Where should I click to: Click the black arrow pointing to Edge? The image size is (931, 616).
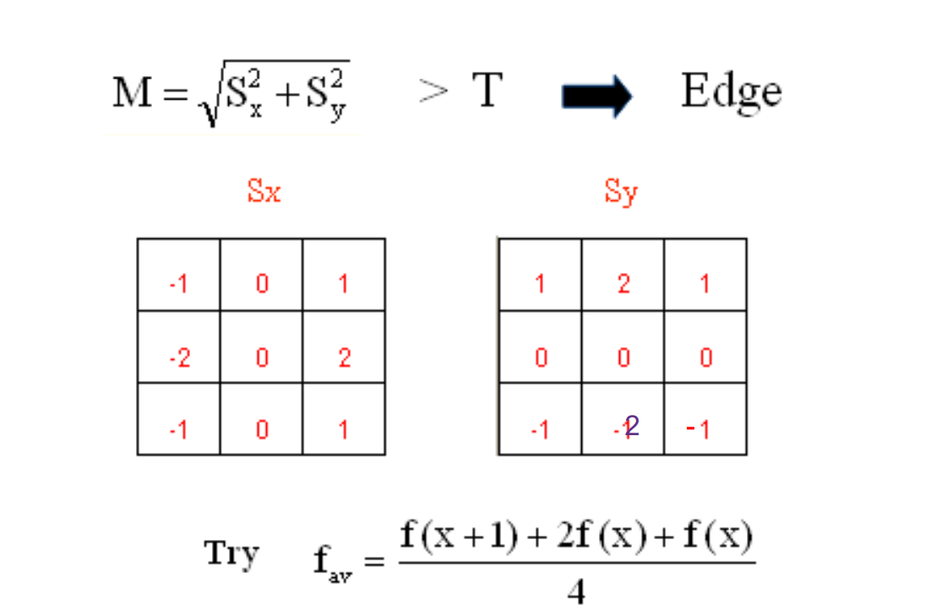coord(596,96)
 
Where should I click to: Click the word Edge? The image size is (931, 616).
coord(731,92)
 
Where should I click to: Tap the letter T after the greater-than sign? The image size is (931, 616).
coord(487,91)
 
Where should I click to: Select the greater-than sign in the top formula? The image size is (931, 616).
coord(433,91)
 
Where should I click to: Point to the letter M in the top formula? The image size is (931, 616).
coord(131,93)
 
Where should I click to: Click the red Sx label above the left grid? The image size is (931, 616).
coord(264,192)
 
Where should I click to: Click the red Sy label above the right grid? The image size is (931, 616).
coord(621,193)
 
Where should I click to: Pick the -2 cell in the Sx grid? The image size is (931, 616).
coord(178,358)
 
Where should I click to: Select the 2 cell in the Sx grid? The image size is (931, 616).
coord(344,358)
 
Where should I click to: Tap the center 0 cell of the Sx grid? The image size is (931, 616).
coord(262,358)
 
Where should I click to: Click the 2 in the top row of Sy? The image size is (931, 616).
coord(623,284)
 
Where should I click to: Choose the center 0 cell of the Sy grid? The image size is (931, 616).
coord(623,358)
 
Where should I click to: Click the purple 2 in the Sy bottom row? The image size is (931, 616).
coord(632,426)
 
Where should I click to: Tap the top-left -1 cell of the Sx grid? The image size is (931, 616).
coord(178,284)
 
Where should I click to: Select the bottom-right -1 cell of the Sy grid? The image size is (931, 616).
coord(699,429)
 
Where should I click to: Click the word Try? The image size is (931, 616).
coord(231,555)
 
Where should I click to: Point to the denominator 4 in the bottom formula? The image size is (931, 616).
coord(576,591)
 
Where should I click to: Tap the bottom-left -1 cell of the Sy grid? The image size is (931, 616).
coord(540,430)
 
